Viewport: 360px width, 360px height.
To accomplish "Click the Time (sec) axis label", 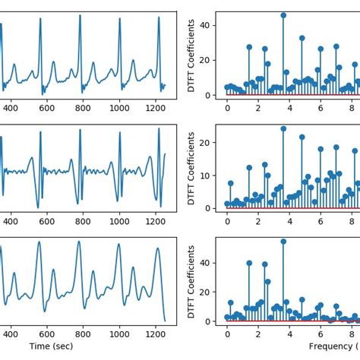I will click(52, 346).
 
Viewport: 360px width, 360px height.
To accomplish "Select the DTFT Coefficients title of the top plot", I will click(191, 53).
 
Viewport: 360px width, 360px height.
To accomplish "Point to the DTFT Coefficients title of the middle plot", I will click(191, 167).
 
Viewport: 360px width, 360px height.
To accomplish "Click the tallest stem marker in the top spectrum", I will click(283, 15).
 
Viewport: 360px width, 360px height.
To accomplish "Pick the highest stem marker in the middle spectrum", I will click(283, 128).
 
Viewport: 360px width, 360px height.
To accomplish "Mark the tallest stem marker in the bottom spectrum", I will click(283, 242).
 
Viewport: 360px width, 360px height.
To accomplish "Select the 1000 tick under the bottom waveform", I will click(119, 333).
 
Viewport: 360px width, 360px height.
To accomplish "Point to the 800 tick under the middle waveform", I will click(82, 220).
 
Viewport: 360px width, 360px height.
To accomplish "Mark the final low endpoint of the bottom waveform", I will click(165, 321).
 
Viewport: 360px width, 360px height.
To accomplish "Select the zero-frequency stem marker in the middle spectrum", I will click(227, 204).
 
